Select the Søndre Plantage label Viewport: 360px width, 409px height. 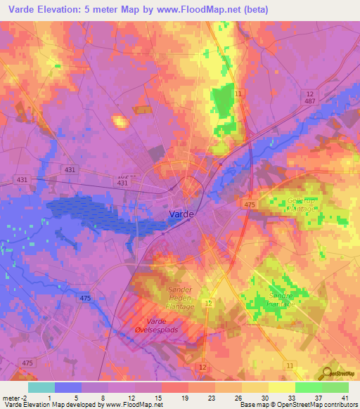click(283, 300)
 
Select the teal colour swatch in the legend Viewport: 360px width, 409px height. click(41, 387)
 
